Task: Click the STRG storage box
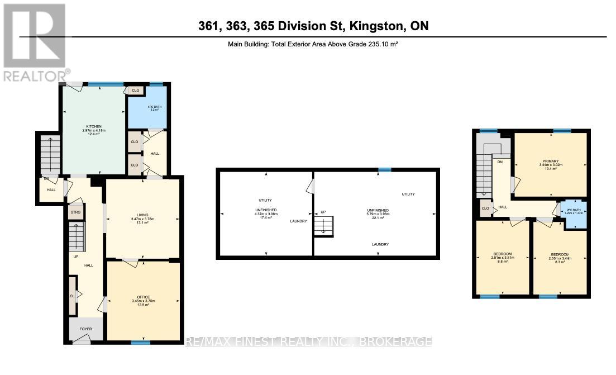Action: [75, 212]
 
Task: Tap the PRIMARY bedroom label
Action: [550, 161]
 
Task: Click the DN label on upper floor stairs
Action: [499, 163]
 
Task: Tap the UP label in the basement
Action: [322, 212]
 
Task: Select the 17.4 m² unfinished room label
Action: [265, 213]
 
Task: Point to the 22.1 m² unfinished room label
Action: [375, 213]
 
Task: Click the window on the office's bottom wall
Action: [141, 343]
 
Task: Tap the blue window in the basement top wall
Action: [384, 169]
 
